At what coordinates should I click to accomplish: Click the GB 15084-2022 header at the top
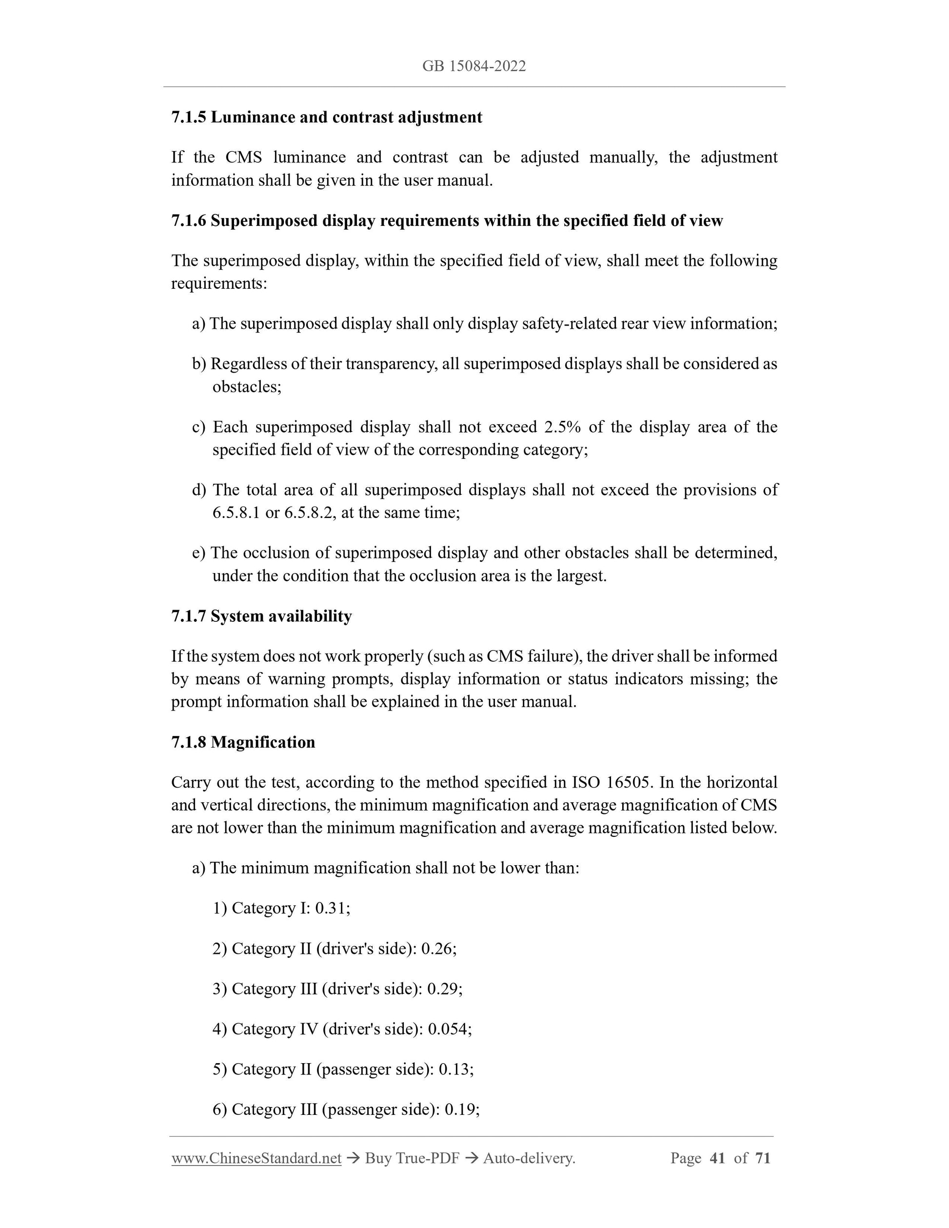pyautogui.click(x=474, y=66)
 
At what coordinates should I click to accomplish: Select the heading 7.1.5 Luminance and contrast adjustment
pyautogui.click(x=327, y=118)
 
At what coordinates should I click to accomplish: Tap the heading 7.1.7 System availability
pyautogui.click(x=261, y=616)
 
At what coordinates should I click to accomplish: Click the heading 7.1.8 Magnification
pyautogui.click(x=243, y=742)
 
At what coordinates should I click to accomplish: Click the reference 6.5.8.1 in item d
pyautogui.click(x=236, y=513)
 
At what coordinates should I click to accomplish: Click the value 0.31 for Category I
pyautogui.click(x=332, y=908)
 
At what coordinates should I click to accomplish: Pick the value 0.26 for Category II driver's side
pyautogui.click(x=438, y=949)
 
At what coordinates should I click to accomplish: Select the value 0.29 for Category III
pyautogui.click(x=444, y=989)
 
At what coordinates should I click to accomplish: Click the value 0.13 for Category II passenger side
pyautogui.click(x=455, y=1069)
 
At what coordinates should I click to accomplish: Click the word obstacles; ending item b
pyautogui.click(x=247, y=387)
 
